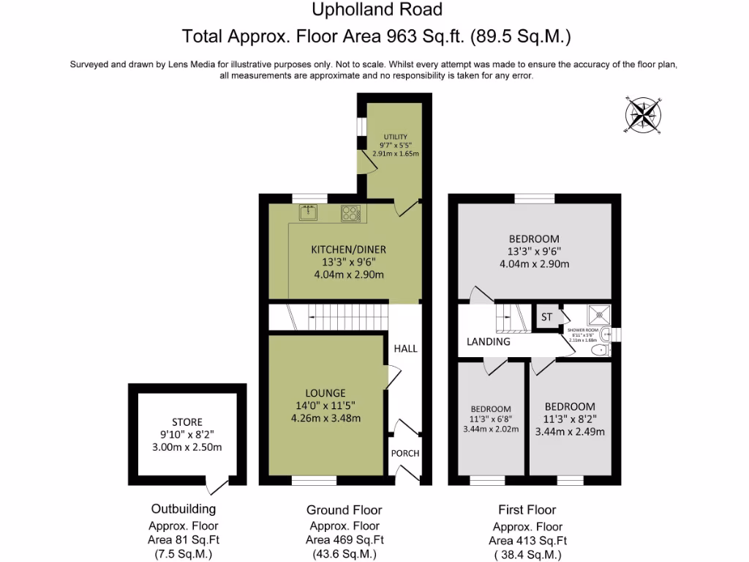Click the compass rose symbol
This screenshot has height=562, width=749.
pos(643,115)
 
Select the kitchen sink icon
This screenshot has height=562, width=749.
pos(308,213)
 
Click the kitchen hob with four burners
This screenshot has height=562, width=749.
pos(351,214)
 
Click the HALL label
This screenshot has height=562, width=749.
pos(405,348)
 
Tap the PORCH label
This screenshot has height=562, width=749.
pos(405,453)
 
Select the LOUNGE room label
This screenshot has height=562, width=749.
pos(325,393)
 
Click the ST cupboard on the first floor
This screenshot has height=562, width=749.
pos(546,317)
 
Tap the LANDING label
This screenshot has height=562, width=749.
pos(488,342)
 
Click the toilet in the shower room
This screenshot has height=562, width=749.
pos(599,351)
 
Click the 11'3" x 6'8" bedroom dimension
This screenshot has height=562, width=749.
pos(491,419)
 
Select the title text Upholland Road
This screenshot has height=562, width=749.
pos(377,10)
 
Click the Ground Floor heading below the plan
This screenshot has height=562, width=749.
pos(344,509)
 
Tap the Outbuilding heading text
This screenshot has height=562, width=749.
pos(183,509)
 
